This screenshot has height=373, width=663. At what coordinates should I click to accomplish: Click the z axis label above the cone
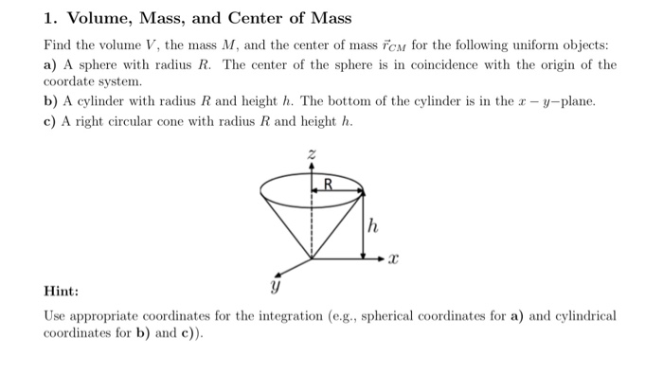coord(313,154)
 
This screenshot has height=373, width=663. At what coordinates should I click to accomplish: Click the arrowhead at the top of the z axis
coord(313,165)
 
